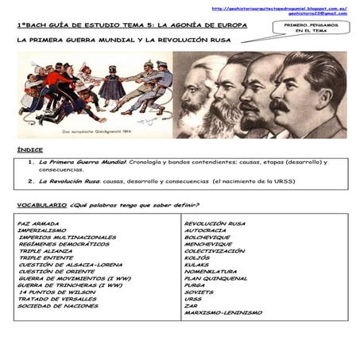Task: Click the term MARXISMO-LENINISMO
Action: pos(223,312)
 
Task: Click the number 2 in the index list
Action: pos(30,180)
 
